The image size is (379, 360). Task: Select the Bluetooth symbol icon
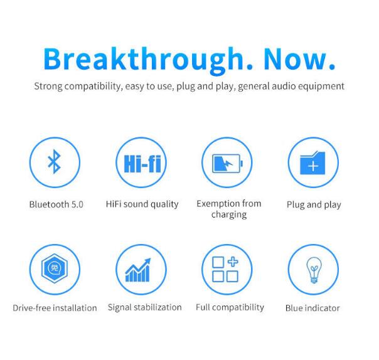click(x=54, y=162)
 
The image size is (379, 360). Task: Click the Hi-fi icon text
click(x=142, y=164)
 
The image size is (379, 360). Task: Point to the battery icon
click(x=227, y=163)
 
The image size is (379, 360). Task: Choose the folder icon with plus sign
click(x=312, y=163)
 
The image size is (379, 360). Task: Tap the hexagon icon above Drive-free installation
click(x=55, y=268)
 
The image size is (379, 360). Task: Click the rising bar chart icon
click(x=138, y=270)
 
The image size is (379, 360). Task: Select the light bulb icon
click(x=314, y=270)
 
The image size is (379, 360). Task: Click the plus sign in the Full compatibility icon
click(x=233, y=262)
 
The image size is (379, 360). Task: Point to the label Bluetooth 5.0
click(x=56, y=204)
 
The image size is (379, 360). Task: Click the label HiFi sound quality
click(x=142, y=204)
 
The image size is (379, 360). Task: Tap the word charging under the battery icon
click(x=229, y=214)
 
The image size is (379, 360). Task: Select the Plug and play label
click(x=314, y=205)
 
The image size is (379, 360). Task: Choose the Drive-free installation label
click(x=55, y=308)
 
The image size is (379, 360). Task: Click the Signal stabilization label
click(x=144, y=307)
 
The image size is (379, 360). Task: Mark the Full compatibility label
click(x=230, y=307)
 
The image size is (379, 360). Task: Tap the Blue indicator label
click(x=312, y=308)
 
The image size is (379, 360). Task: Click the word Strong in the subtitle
click(x=48, y=87)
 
